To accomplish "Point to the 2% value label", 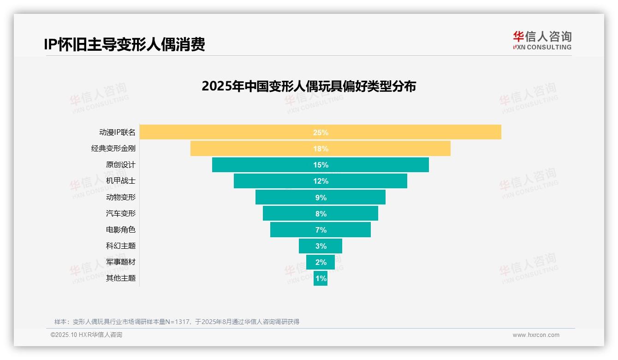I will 321,262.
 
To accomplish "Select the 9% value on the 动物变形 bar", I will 321,198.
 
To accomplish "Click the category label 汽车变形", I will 120,213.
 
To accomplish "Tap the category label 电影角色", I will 120,229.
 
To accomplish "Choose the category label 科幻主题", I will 120,246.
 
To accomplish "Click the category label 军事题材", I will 120,262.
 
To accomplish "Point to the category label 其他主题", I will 120,278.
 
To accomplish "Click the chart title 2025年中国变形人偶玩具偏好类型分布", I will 309,86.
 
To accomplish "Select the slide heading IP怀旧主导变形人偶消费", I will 124,44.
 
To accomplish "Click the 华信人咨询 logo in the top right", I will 542,40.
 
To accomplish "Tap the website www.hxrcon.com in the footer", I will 536,335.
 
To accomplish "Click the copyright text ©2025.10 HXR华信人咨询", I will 86,335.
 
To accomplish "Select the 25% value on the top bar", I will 321,132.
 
